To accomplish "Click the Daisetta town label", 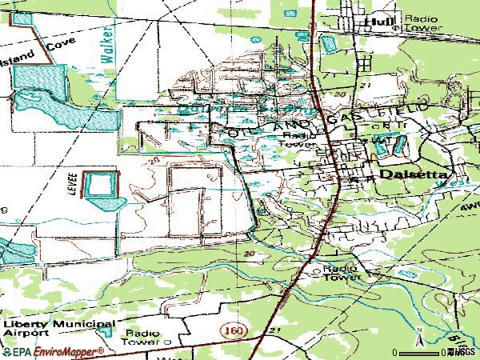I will coord(414,174).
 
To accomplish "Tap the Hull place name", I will coord(375,22).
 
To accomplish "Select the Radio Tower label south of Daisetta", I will coord(340,272).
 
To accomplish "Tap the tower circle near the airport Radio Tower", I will coord(167,342).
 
